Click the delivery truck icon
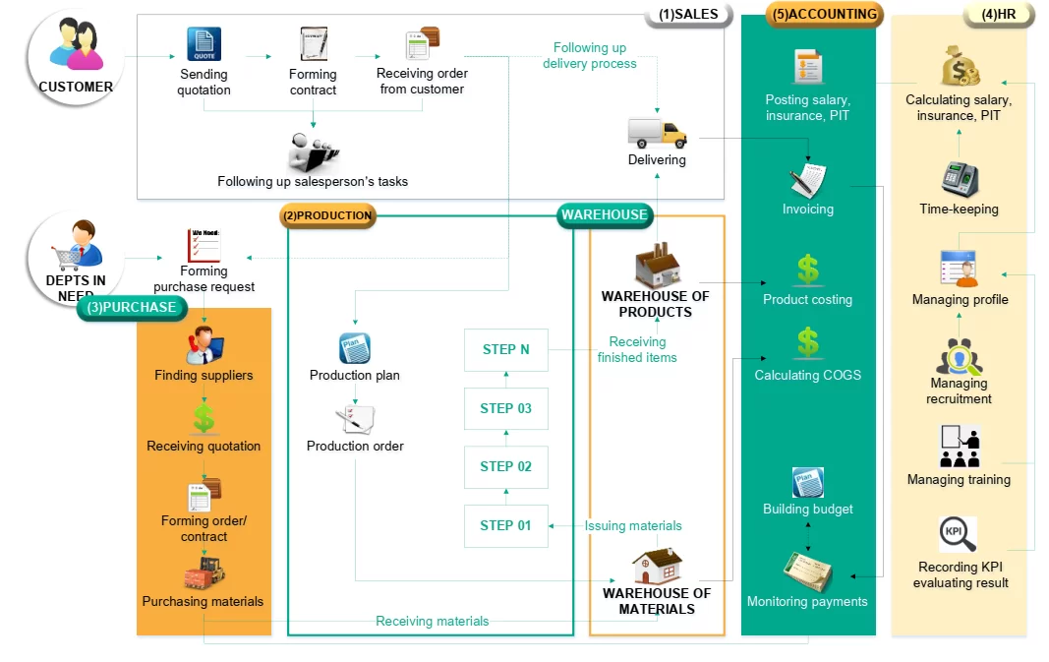pyautogui.click(x=657, y=133)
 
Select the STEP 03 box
pyautogui.click(x=505, y=408)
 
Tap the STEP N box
pyautogui.click(x=505, y=349)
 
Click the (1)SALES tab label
pyautogui.click(x=688, y=15)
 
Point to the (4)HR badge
pyautogui.click(x=998, y=15)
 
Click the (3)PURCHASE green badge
pyautogui.click(x=132, y=307)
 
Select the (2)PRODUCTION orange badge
pyautogui.click(x=327, y=215)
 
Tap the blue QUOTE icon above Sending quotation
pyautogui.click(x=204, y=44)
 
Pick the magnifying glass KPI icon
pyautogui.click(x=958, y=535)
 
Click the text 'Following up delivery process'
pyautogui.click(x=590, y=55)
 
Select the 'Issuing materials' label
pyautogui.click(x=633, y=526)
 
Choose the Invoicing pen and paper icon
pyautogui.click(x=807, y=180)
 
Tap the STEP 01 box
pyautogui.click(x=505, y=525)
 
